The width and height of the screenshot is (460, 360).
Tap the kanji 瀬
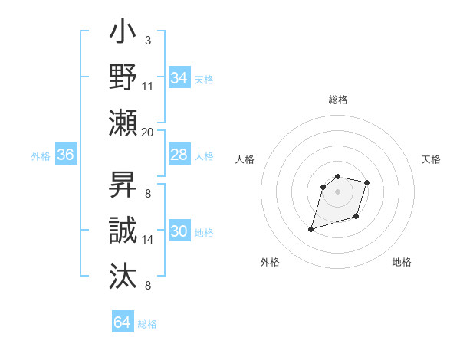click(x=123, y=122)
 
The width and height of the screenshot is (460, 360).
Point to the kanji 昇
click(x=123, y=186)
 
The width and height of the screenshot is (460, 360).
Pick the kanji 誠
click(x=123, y=230)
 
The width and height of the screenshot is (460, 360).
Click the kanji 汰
click(x=123, y=273)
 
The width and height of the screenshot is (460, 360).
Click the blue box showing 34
click(x=179, y=77)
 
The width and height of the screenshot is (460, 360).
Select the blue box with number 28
click(x=179, y=155)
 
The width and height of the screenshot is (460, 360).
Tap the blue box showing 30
click(x=179, y=231)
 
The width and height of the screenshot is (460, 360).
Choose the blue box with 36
click(x=65, y=155)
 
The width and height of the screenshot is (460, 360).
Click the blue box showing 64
click(x=122, y=322)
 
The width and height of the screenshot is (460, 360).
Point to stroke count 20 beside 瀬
click(x=148, y=132)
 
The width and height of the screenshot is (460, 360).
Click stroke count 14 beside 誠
click(x=148, y=240)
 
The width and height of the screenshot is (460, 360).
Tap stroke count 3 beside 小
click(x=148, y=40)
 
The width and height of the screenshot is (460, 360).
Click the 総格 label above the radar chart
click(x=337, y=100)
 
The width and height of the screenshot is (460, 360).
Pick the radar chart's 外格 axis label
click(x=270, y=262)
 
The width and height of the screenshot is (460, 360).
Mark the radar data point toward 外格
click(x=311, y=229)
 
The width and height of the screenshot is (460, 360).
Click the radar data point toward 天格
click(x=367, y=182)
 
